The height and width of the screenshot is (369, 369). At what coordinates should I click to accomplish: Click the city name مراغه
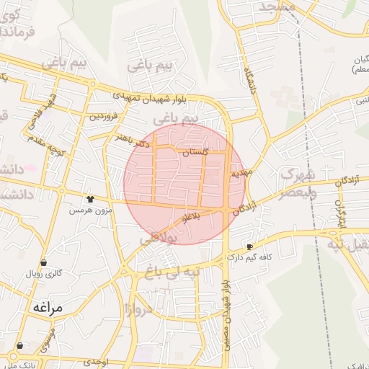click(x=48, y=308)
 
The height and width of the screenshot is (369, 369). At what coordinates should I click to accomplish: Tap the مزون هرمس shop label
click(x=87, y=210)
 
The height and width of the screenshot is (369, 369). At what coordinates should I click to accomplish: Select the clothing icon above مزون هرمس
click(x=90, y=199)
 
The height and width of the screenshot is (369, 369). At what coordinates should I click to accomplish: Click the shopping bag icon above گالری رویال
click(x=45, y=263)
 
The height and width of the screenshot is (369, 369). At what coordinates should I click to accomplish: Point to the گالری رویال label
click(x=45, y=274)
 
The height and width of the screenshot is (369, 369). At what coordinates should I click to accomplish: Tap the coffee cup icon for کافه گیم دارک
click(x=250, y=246)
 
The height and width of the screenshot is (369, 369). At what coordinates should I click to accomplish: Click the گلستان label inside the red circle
click(x=195, y=154)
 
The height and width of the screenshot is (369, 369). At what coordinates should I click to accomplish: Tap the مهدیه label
click(x=240, y=174)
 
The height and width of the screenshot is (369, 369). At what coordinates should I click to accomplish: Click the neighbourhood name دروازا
click(x=137, y=310)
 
